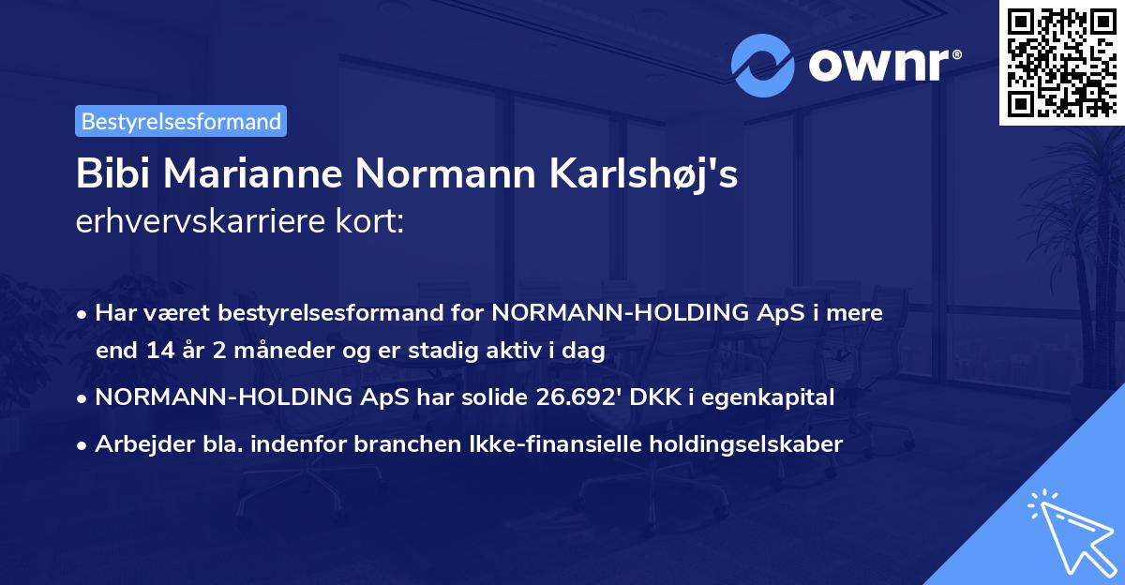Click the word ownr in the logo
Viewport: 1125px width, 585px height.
click(x=882, y=66)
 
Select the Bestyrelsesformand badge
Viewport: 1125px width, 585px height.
click(x=181, y=121)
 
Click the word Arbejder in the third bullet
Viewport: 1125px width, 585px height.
click(x=138, y=444)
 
